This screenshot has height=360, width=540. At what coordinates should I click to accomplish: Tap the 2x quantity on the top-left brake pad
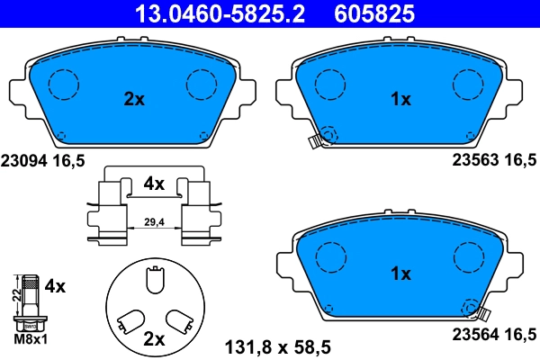133,100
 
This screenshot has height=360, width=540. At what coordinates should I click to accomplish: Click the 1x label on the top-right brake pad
400,100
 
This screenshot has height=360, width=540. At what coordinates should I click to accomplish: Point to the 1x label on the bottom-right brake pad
400,273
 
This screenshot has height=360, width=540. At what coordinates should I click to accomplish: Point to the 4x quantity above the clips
154,184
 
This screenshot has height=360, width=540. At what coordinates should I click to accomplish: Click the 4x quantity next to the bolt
55,287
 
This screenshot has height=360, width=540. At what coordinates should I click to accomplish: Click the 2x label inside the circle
154,339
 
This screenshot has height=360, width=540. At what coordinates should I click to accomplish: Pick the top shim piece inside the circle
154,282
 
